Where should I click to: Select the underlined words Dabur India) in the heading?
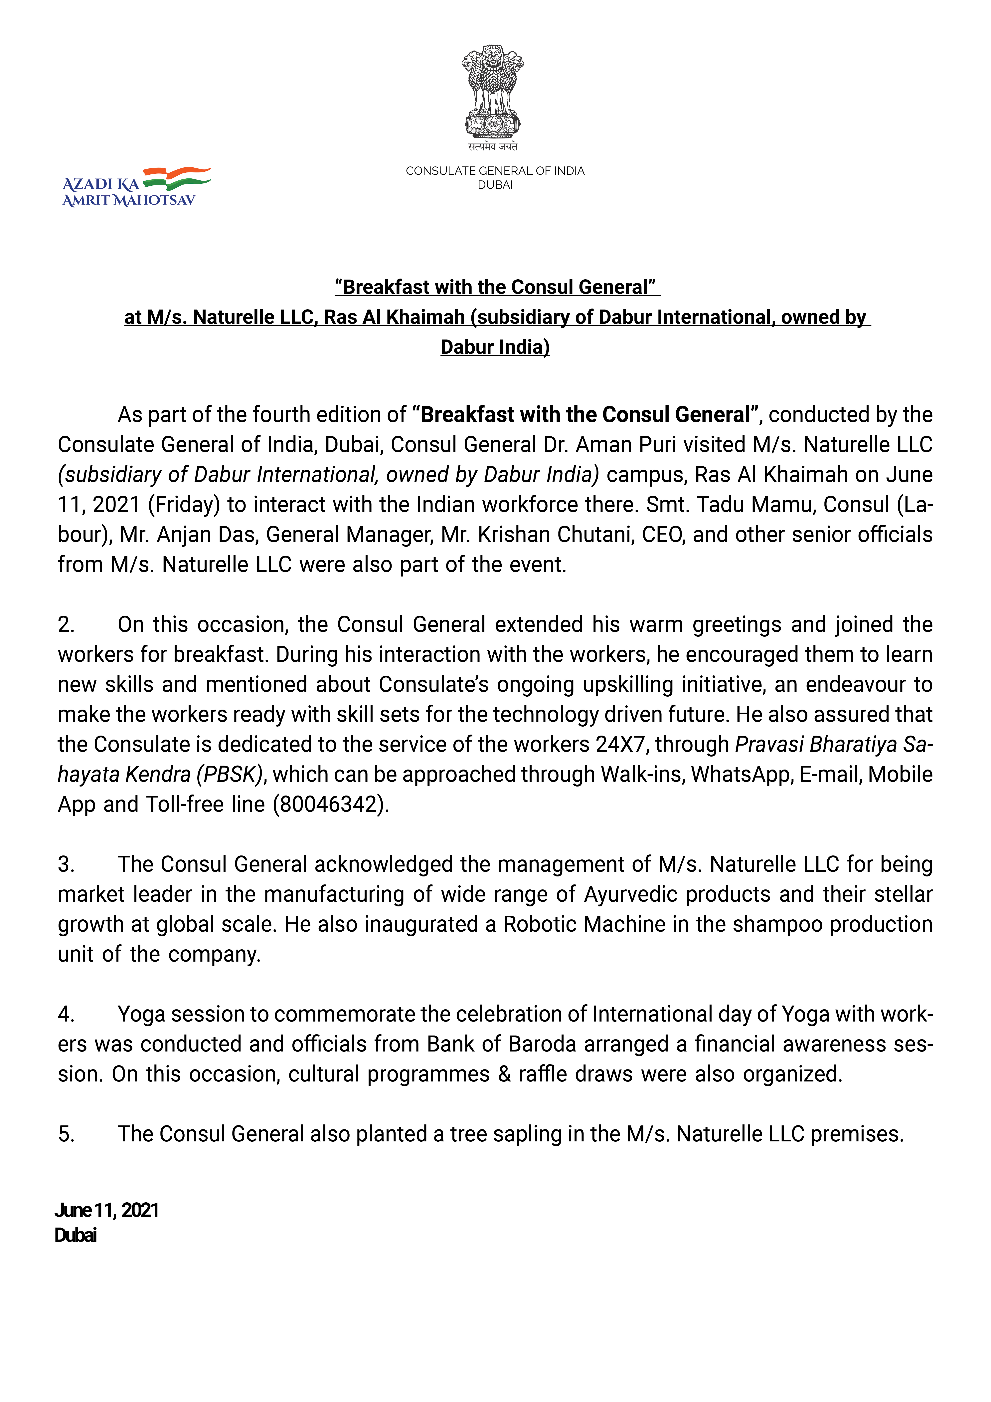tap(495, 347)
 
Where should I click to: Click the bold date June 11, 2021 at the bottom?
tap(107, 1210)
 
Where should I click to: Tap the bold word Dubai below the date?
tap(76, 1235)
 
